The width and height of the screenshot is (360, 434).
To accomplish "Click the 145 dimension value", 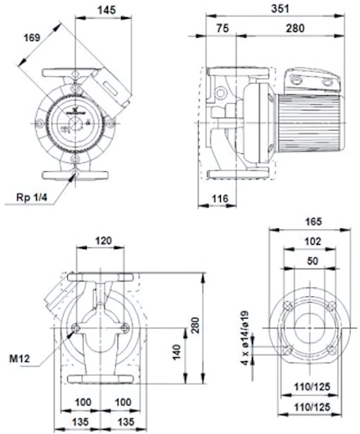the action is pyautogui.click(x=106, y=10).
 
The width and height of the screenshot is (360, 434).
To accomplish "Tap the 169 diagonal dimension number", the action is pyautogui.click(x=32, y=38).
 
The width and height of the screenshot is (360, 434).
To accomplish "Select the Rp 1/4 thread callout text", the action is pyautogui.click(x=32, y=197).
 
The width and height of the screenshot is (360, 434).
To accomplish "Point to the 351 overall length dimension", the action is pyautogui.click(x=280, y=8).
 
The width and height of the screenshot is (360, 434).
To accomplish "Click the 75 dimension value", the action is pyautogui.click(x=223, y=28).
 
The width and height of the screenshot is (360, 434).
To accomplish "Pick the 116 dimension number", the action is pyautogui.click(x=220, y=198).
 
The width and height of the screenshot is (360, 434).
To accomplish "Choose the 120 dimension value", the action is pyautogui.click(x=103, y=241).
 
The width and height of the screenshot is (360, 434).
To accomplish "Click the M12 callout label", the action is pyautogui.click(x=20, y=359).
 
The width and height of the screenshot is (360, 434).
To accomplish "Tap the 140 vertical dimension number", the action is pyautogui.click(x=176, y=352).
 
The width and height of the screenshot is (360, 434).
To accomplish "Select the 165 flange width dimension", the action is pyautogui.click(x=313, y=222).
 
